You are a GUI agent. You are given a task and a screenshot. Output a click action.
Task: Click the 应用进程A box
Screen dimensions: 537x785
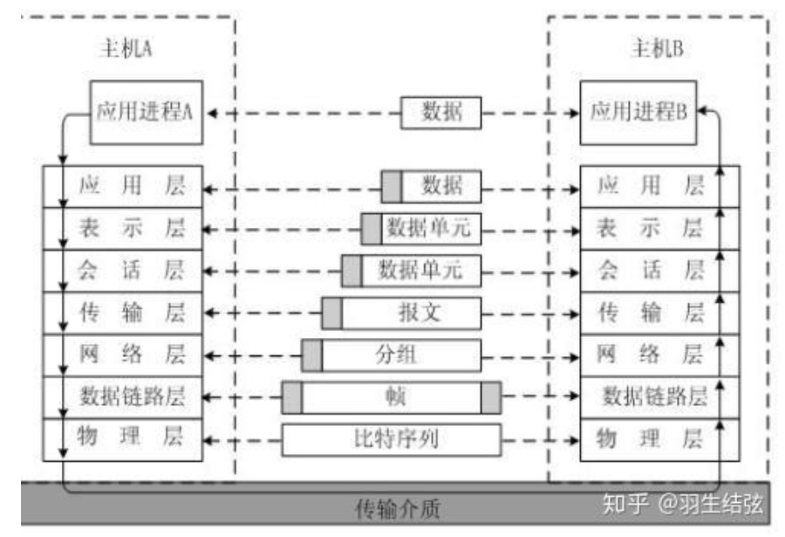(x=146, y=112)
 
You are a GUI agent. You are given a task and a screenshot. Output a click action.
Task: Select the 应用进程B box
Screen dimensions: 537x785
(x=638, y=112)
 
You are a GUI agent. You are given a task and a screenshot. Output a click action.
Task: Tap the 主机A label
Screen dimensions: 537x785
(x=127, y=49)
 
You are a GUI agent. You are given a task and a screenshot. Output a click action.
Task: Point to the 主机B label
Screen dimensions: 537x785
(x=656, y=49)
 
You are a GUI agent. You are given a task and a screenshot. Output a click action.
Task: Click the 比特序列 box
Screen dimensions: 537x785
(x=391, y=439)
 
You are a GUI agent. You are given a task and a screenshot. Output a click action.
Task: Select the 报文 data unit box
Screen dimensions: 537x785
(x=410, y=313)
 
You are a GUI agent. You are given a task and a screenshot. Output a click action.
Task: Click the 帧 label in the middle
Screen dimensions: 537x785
(x=391, y=397)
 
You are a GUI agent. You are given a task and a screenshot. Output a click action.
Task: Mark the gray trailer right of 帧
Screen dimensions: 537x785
(x=491, y=397)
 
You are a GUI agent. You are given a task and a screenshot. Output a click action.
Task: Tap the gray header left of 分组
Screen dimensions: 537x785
(x=312, y=355)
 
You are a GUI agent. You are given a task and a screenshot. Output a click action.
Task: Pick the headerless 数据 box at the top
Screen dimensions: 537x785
(x=441, y=113)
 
